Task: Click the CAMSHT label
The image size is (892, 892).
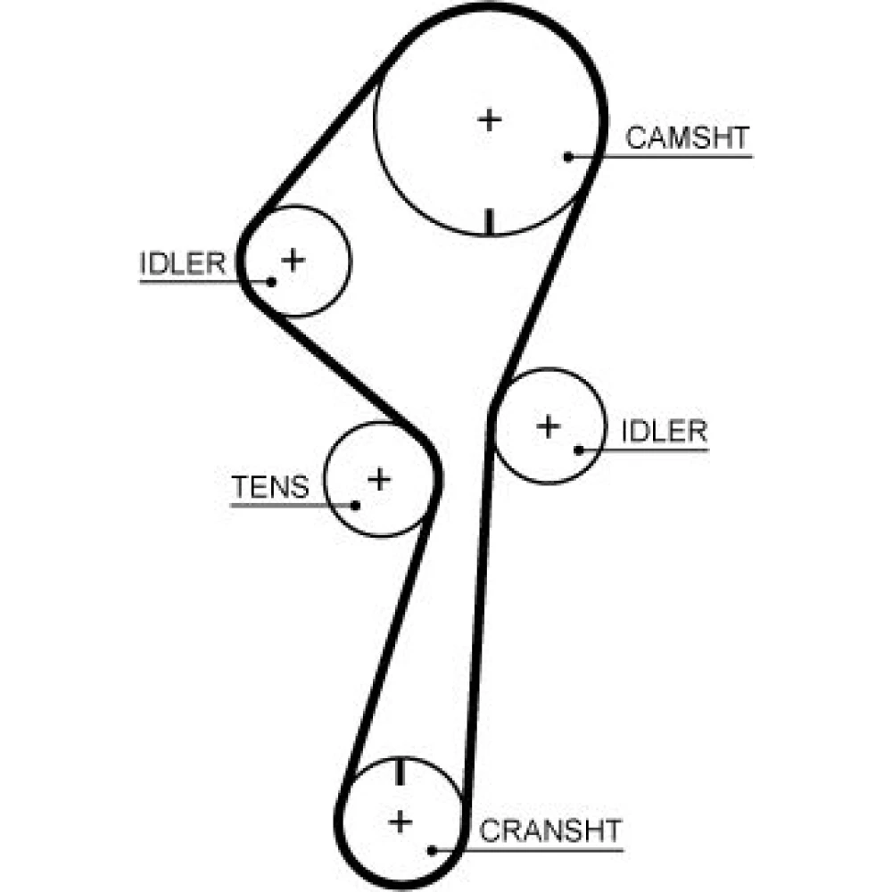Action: (x=687, y=137)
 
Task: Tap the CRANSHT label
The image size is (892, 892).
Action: (x=550, y=830)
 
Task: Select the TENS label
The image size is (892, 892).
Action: (x=270, y=487)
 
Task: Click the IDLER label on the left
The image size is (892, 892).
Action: (x=183, y=263)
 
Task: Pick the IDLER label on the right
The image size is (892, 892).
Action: (x=665, y=431)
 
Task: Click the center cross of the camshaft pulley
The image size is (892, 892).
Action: (x=489, y=120)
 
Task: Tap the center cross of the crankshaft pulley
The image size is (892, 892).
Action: (x=401, y=822)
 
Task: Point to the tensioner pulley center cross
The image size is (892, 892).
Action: (x=379, y=480)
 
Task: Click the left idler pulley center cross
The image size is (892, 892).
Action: (x=293, y=260)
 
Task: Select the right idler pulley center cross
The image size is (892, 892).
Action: (x=549, y=426)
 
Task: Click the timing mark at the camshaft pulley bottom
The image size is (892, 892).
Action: (x=489, y=222)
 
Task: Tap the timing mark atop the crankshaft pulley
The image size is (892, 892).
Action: (x=400, y=772)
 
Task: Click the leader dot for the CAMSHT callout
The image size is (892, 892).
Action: (x=568, y=156)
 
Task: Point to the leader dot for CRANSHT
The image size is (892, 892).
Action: (x=432, y=850)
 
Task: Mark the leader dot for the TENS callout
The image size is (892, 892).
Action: (x=356, y=505)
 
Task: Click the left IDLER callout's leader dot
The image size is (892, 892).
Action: (x=271, y=282)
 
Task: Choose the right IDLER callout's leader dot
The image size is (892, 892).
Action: (x=579, y=450)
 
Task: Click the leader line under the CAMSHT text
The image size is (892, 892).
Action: (x=660, y=156)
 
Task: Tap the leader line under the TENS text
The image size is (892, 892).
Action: (x=293, y=505)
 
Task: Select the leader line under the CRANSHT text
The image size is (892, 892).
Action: (x=528, y=850)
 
